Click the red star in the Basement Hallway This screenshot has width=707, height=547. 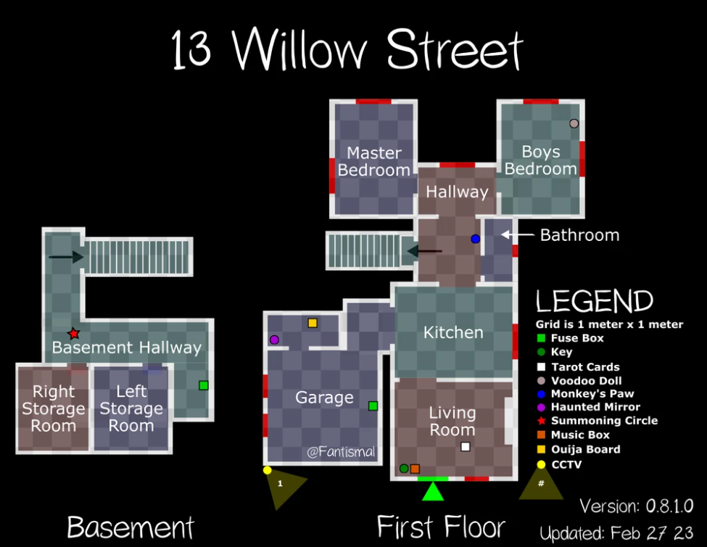[x=73, y=334]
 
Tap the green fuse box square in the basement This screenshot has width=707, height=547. [x=204, y=385]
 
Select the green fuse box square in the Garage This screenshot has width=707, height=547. [x=373, y=406]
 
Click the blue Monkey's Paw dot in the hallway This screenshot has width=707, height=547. [x=475, y=239]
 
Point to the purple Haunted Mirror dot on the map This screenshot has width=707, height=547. [x=274, y=340]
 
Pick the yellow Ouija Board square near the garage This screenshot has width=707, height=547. [x=313, y=323]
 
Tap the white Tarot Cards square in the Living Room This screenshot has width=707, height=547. [x=466, y=446]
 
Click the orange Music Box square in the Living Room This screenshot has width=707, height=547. [x=415, y=469]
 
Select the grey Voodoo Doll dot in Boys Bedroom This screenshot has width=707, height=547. [x=574, y=123]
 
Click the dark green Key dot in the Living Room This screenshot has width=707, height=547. [x=404, y=469]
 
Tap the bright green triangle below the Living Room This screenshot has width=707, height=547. [x=433, y=493]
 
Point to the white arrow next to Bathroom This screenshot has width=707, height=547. [x=518, y=234]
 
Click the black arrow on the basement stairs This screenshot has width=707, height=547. [x=66, y=257]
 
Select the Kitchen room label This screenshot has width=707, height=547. [x=453, y=332]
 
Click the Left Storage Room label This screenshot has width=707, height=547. [x=131, y=408]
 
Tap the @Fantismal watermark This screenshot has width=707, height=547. [x=341, y=451]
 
